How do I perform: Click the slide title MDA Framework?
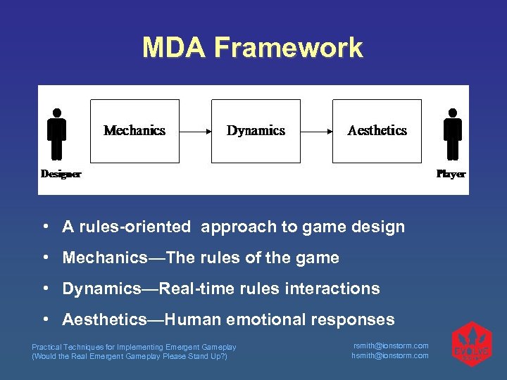[253, 48]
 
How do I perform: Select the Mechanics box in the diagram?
[134, 131]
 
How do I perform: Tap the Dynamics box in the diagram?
[256, 131]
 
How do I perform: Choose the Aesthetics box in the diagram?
[377, 131]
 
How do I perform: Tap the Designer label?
[61, 174]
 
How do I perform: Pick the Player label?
[451, 174]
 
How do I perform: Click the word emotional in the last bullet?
[267, 319]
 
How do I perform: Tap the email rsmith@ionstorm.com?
[390, 346]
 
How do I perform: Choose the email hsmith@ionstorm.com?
[390, 355]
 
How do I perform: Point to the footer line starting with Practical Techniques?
[134, 347]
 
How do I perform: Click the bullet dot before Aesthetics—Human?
[44, 319]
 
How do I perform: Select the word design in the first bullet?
[382, 227]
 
